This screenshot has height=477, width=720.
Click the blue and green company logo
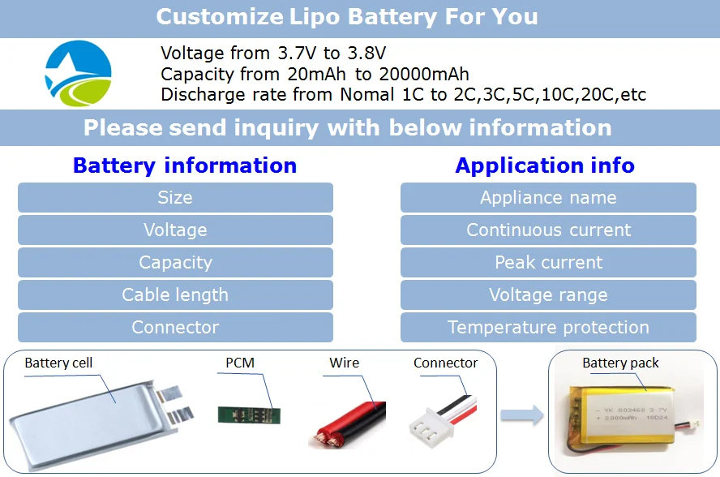(78, 74)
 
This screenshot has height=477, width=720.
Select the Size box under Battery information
(175, 198)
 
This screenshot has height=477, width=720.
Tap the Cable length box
(175, 295)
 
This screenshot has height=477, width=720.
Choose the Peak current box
(548, 262)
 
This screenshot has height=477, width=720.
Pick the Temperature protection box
(548, 327)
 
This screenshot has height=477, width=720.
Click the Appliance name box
(548, 198)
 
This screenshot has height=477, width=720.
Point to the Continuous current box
(548, 230)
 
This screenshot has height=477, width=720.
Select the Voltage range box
(548, 295)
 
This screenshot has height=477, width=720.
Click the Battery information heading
(185, 165)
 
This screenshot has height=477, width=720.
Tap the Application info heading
(545, 165)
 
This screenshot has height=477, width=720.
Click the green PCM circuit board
(249, 415)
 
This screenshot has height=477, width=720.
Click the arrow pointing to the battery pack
(521, 415)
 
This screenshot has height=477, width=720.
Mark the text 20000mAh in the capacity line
(424, 74)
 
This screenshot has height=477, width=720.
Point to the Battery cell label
(58, 363)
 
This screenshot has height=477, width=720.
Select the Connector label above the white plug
(445, 363)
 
